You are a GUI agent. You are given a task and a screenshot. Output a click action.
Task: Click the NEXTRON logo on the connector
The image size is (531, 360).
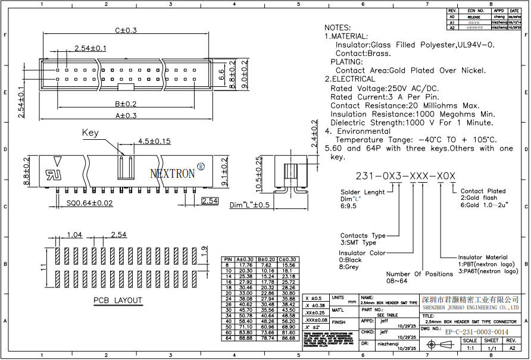[x=173, y=173]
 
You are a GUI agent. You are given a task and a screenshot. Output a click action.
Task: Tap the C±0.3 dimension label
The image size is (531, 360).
[x=126, y=30]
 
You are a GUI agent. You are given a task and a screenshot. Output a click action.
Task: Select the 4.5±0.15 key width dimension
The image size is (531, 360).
[x=154, y=142]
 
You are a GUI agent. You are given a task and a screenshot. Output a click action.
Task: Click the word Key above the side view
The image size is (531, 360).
[x=90, y=133]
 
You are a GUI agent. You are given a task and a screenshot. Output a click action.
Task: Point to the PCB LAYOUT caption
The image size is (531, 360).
[x=117, y=300]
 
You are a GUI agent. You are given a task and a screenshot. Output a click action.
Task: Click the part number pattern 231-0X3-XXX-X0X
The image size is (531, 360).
[x=405, y=177]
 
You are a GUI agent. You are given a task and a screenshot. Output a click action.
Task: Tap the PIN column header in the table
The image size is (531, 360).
[x=227, y=259]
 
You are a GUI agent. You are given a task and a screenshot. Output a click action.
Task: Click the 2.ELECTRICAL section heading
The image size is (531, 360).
[x=351, y=79]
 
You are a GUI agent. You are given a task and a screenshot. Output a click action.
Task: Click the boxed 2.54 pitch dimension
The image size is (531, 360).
[x=210, y=201]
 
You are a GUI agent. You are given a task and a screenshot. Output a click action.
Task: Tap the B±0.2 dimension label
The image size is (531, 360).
[x=126, y=103]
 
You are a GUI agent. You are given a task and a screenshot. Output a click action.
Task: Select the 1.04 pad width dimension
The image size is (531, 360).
[x=75, y=234]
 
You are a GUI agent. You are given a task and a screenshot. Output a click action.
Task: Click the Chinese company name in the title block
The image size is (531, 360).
[x=470, y=298]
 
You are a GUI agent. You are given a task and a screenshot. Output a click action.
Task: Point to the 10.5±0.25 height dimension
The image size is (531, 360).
[x=258, y=173]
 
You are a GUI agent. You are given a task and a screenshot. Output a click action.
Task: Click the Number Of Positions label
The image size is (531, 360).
[x=420, y=274]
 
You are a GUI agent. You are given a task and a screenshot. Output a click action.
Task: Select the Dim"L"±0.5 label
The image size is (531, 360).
[x=250, y=205]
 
